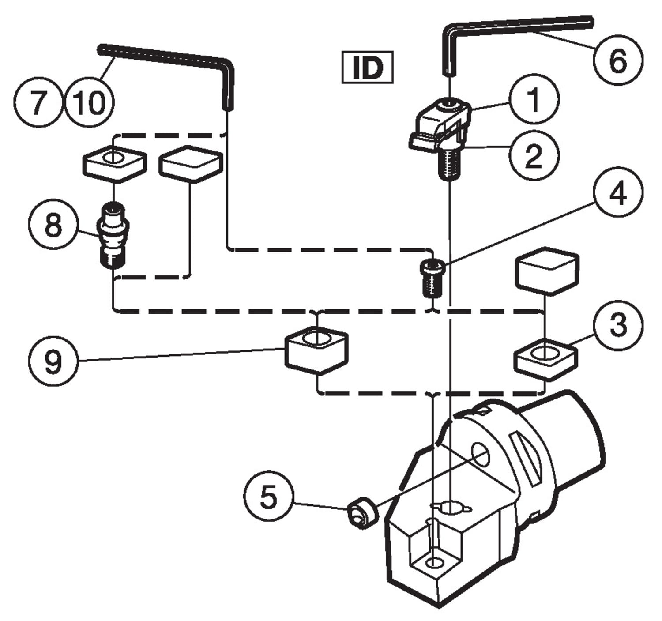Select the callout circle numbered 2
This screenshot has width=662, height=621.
click(534, 155)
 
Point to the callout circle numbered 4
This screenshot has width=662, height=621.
click(618, 192)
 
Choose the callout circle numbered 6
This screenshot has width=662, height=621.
click(618, 60)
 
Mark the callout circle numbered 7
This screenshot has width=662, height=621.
click(38, 102)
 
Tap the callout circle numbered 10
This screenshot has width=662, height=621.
click(90, 102)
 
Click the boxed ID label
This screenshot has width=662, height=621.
click(368, 68)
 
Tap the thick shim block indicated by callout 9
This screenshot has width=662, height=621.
click(316, 351)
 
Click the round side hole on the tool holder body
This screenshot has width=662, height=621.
click(481, 455)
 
